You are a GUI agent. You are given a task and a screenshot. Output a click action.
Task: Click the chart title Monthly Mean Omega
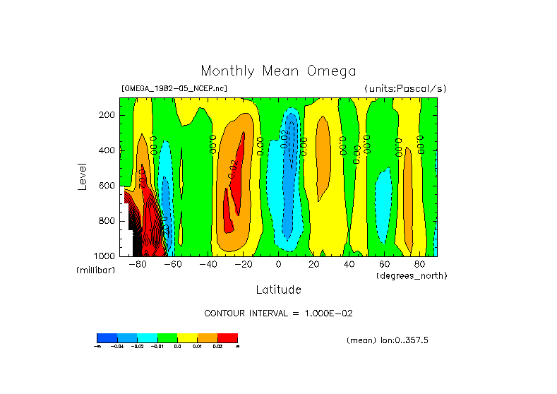pyautogui.click(x=278, y=71)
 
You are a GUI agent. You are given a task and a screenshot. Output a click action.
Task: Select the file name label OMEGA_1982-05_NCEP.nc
pyautogui.click(x=174, y=89)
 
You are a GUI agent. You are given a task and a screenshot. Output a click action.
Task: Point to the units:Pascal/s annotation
pyautogui.click(x=405, y=89)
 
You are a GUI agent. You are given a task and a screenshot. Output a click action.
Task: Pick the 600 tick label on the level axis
pyautogui.click(x=107, y=186)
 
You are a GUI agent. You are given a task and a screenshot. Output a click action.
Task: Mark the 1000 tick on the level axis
pyautogui.click(x=105, y=256)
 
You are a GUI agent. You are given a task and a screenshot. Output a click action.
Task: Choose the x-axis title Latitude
pyautogui.click(x=278, y=289)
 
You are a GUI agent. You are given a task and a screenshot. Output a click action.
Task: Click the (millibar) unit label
pyautogui.click(x=95, y=270)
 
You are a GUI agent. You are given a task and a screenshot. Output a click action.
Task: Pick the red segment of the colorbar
pyautogui.click(x=227, y=338)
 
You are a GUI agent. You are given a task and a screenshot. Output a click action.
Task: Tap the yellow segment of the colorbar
pyautogui.click(x=187, y=338)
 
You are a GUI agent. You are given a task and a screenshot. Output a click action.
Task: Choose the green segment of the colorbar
pyautogui.click(x=167, y=338)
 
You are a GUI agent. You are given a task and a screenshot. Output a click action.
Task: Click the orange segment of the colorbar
pyautogui.click(x=208, y=338)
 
